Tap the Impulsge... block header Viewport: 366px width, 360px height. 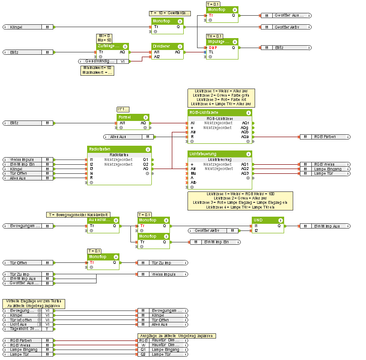pos(218,42)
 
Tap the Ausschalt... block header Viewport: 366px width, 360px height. pos(100,220)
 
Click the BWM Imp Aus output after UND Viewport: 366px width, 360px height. pos(328,226)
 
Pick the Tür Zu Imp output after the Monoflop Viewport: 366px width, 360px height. pos(162,262)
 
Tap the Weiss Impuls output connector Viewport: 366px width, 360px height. pos(162,274)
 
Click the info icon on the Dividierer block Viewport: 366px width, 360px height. pos(181,46)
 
